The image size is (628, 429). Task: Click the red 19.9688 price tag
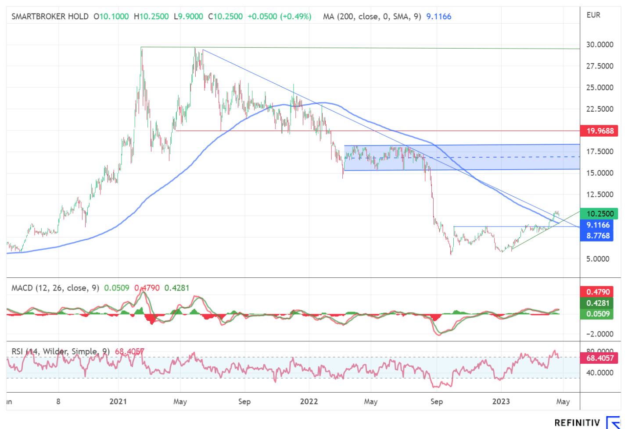[x=599, y=131]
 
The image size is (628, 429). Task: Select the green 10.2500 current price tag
[x=599, y=214]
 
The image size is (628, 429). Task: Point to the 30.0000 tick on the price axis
[x=599, y=45]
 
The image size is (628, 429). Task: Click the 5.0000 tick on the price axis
[x=597, y=259]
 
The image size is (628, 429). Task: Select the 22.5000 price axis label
[x=599, y=109]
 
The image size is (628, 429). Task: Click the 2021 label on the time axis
[x=118, y=401]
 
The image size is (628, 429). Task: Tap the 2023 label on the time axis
[x=501, y=401]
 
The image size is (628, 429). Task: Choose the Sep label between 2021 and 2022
[x=244, y=401]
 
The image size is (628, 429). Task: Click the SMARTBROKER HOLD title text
[x=50, y=17]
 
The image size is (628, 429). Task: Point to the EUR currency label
[x=593, y=15]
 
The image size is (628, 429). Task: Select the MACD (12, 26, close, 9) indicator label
[x=55, y=288]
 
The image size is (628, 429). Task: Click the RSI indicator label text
[x=61, y=351]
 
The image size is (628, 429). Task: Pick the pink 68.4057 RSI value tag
[x=599, y=358]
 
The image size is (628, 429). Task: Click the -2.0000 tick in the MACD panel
[x=599, y=334]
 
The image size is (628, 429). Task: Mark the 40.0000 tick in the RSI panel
[x=599, y=373]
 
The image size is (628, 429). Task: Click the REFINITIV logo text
[x=577, y=423]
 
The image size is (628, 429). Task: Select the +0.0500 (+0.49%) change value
[x=280, y=17]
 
